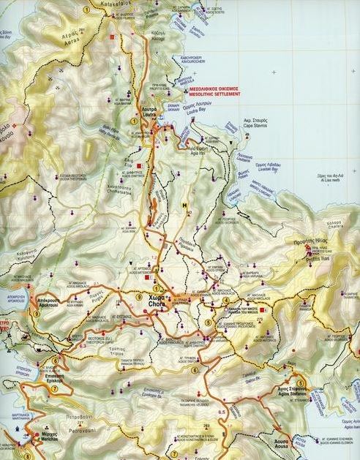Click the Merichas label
pos(48,435)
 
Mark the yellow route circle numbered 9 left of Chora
pos(138,296)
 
